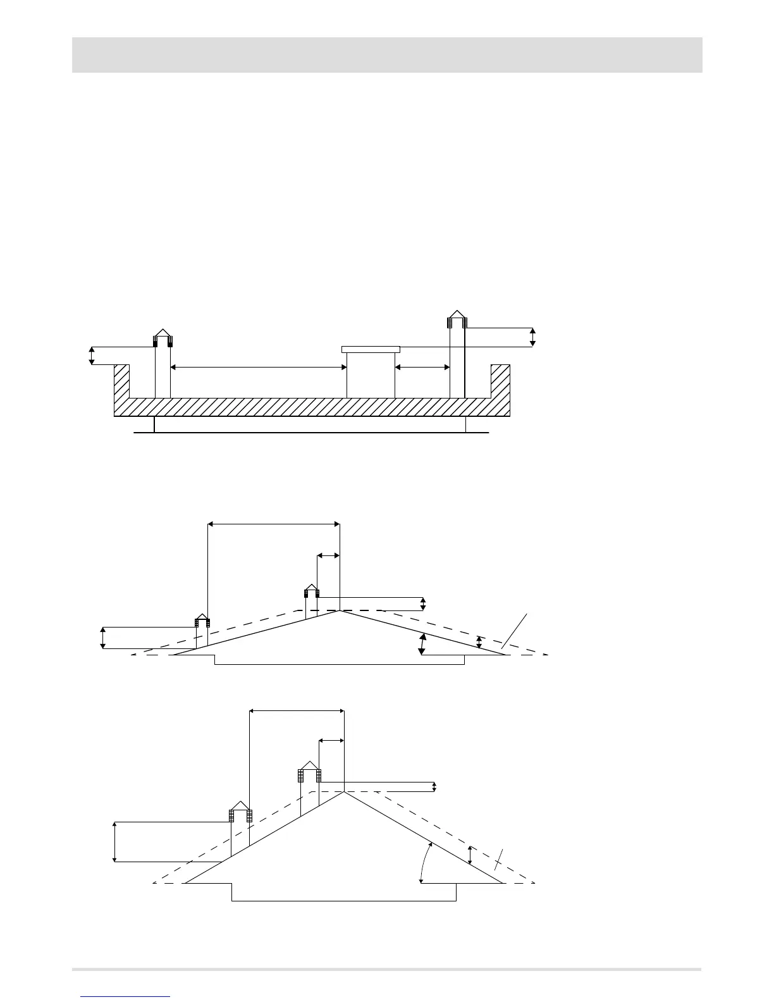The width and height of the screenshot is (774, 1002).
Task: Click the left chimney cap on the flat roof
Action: (163, 338)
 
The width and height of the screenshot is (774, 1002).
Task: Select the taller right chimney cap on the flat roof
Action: (457, 319)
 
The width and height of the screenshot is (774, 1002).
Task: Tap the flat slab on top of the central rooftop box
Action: (371, 349)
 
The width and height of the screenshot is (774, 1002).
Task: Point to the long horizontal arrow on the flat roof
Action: (259, 366)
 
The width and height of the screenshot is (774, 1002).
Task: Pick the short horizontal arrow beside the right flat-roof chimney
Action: (422, 366)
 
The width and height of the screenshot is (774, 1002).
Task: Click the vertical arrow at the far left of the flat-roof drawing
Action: (92, 356)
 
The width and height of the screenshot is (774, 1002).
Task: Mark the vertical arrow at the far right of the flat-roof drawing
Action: (532, 337)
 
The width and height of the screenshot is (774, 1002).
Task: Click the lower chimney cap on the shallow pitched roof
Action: (202, 620)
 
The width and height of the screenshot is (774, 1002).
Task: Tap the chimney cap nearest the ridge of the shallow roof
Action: (310, 591)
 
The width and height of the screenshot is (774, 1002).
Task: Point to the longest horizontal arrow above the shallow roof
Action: (274, 523)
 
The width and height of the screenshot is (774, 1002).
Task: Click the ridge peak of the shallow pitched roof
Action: (340, 610)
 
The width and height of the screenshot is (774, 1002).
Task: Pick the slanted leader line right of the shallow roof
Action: (515, 630)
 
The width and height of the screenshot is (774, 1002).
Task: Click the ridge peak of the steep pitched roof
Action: (344, 791)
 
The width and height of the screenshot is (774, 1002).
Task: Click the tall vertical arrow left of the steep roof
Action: (114, 841)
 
